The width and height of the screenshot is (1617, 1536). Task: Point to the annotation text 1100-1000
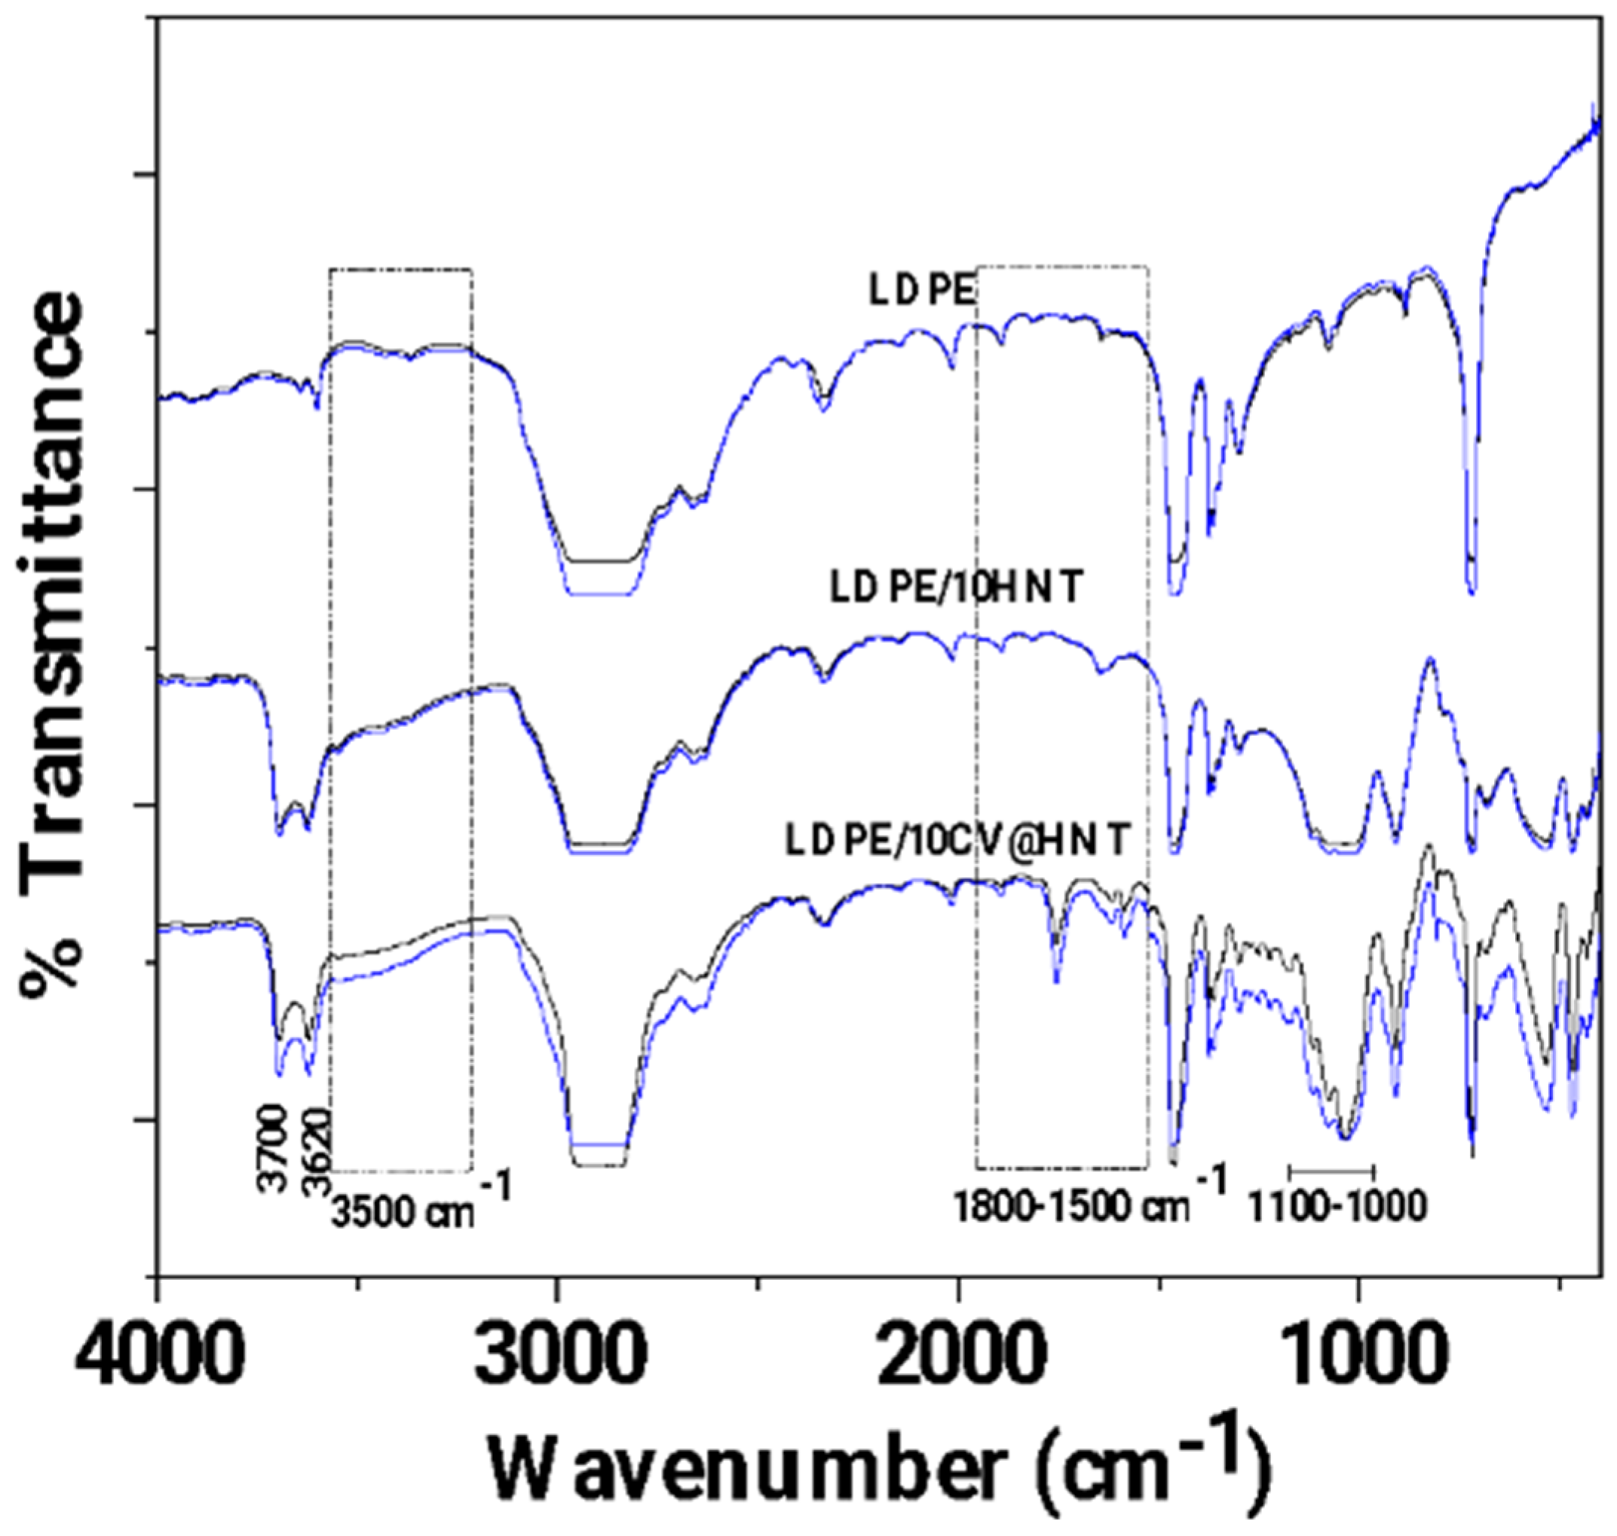[1337, 1207]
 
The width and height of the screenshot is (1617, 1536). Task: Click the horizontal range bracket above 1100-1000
[1332, 1170]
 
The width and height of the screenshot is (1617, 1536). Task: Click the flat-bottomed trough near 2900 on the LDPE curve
[600, 577]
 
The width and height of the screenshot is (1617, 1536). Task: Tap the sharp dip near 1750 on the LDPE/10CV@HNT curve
[1056, 979]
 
